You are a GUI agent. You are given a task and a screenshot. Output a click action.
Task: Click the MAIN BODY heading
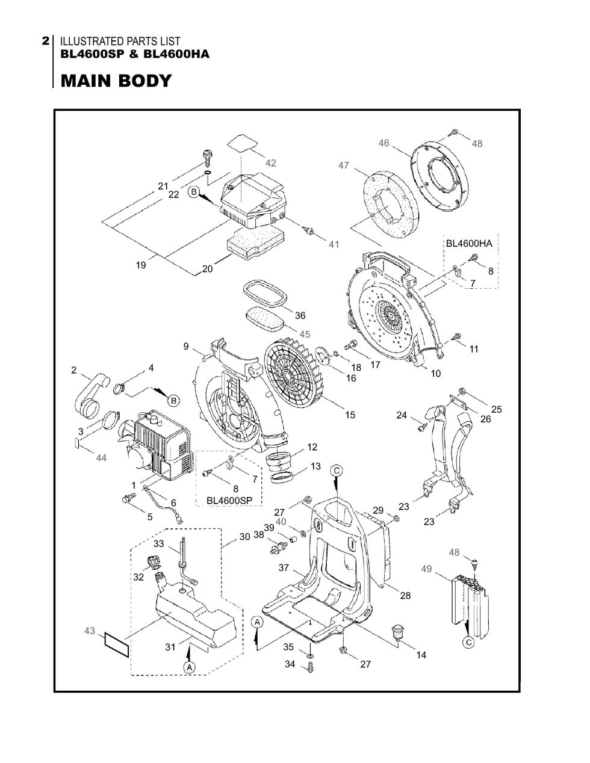point(116,81)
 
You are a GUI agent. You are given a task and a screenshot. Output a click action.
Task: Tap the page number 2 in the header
point(46,41)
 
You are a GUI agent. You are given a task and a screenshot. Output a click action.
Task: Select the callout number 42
point(270,163)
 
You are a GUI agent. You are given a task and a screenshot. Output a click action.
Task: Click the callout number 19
point(141,265)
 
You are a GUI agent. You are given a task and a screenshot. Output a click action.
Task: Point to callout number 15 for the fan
point(350,415)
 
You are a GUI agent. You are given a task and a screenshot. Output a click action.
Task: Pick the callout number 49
point(426,569)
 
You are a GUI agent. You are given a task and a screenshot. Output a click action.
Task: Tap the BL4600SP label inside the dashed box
point(229,501)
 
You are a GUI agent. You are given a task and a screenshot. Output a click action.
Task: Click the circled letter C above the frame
point(337,471)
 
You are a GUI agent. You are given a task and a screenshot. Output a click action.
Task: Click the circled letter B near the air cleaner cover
point(194,192)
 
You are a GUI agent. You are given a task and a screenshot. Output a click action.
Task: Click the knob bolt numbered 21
point(206,158)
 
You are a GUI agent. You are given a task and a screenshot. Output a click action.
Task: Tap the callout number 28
point(405,595)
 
